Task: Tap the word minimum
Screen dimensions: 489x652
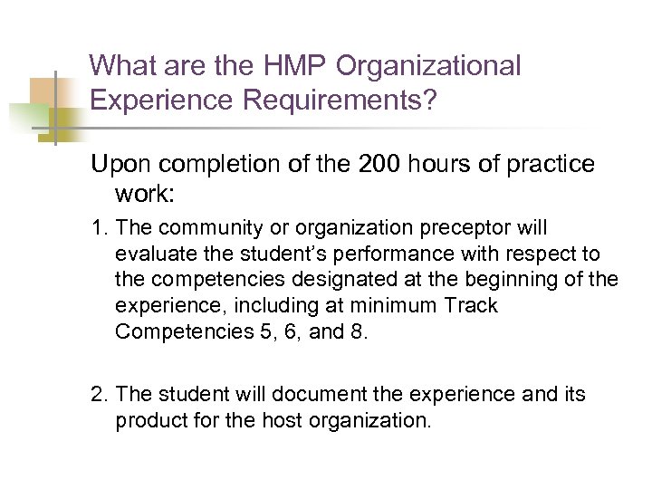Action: [x=373, y=305]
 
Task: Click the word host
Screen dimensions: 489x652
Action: [x=330, y=421]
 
